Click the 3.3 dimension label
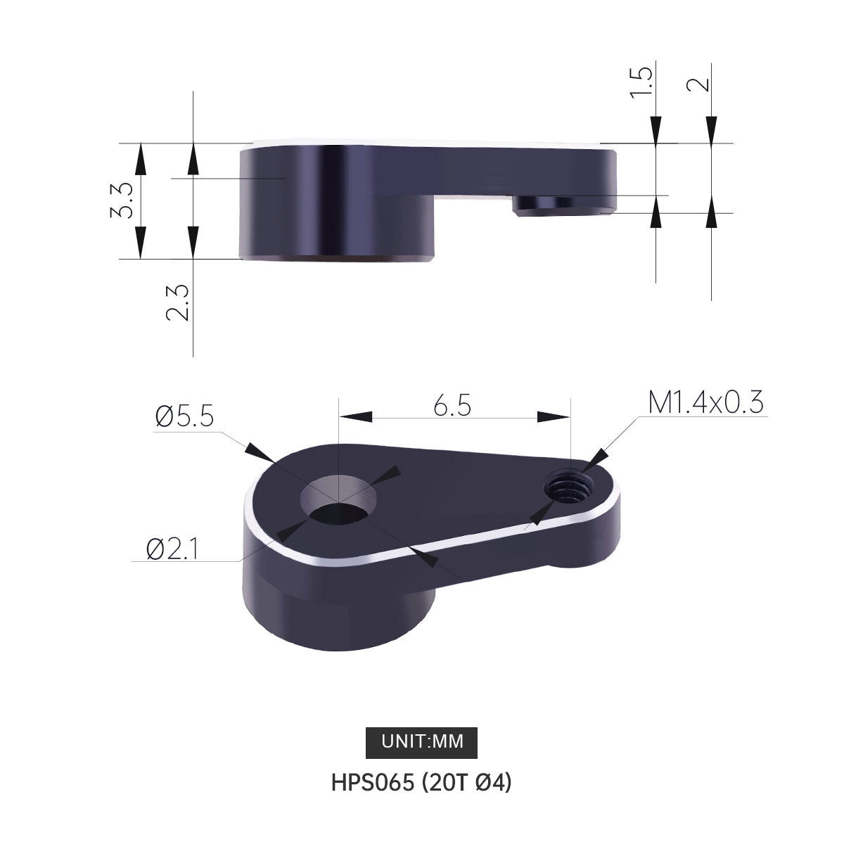point(121,200)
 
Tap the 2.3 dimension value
point(177,303)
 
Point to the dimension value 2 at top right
point(698,84)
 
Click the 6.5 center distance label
point(452,406)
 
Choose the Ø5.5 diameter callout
point(184,416)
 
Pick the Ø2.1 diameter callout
point(171,549)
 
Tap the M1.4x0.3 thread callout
point(705,402)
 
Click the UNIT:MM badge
point(422,741)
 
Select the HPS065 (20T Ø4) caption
point(421,782)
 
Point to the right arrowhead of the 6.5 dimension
point(554,416)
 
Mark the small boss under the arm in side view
point(563,205)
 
